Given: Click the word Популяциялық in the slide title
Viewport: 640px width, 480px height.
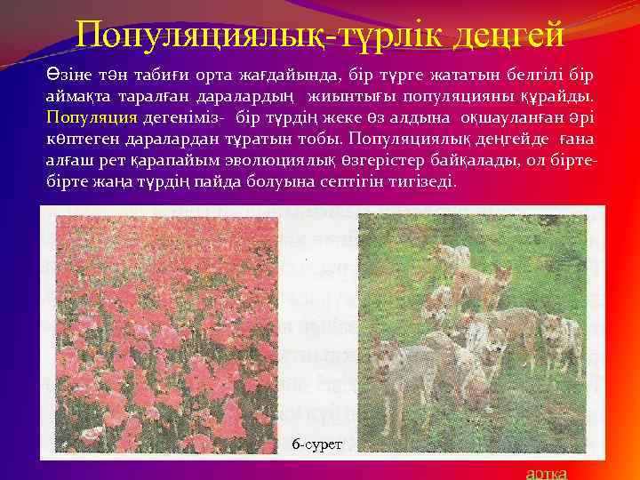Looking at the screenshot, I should point(208,35).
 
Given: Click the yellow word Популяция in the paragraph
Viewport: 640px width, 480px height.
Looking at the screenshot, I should point(91,116).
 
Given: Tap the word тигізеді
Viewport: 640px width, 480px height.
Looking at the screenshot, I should point(416,181).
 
